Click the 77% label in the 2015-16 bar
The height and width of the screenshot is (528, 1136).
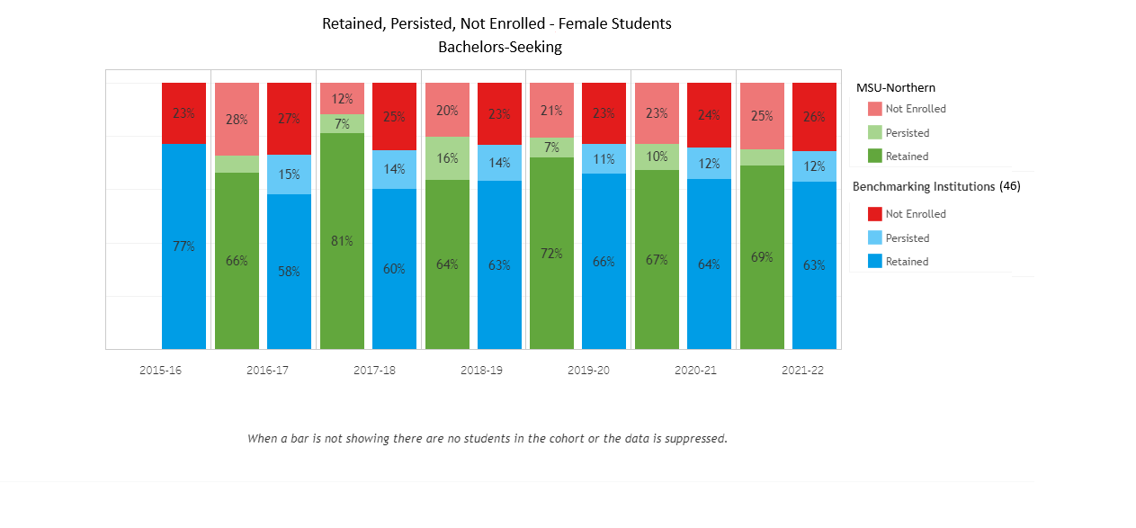[x=183, y=246]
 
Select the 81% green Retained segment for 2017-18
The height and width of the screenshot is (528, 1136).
[x=342, y=240]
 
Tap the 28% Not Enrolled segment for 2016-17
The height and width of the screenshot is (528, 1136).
[x=237, y=119]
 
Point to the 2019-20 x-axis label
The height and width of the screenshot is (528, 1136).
[x=589, y=371]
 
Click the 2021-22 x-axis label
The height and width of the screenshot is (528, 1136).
[x=801, y=371]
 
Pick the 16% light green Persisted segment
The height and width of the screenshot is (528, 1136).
[x=447, y=158]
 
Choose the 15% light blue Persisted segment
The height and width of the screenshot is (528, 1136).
[x=289, y=175]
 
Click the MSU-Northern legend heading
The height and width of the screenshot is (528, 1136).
[x=895, y=87]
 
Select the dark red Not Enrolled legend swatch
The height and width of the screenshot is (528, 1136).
[x=875, y=214]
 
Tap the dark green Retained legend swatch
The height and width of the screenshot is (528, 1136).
[x=875, y=157]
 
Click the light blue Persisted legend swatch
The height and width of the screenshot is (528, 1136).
[x=875, y=238]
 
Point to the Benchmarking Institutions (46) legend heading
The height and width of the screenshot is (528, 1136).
[x=936, y=187]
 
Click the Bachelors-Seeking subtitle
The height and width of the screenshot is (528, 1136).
[x=499, y=47]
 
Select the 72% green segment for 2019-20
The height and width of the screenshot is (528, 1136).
[x=551, y=253]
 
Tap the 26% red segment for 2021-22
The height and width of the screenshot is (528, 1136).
[x=814, y=117]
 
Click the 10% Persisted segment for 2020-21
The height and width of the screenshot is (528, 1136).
[x=657, y=157]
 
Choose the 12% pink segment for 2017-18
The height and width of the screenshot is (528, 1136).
[x=342, y=98]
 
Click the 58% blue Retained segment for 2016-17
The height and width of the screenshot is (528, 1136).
[x=289, y=271]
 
